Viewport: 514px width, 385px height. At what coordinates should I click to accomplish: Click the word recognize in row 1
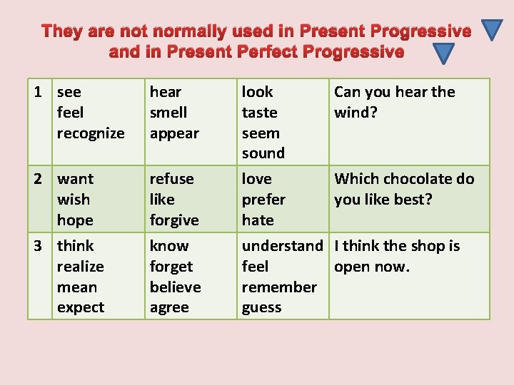(x=91, y=133)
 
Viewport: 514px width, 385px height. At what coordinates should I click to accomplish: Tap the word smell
(x=168, y=113)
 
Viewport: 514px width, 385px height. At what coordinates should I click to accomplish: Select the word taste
(x=260, y=113)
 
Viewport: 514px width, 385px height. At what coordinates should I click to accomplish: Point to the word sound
(x=263, y=153)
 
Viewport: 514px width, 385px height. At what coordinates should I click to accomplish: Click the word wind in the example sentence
(x=352, y=113)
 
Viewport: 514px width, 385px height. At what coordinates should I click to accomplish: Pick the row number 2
(x=41, y=179)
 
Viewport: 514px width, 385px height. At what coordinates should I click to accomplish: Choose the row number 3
(x=41, y=246)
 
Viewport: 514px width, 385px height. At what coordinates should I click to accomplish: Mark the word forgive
(x=174, y=220)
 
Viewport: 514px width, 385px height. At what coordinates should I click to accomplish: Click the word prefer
(x=263, y=200)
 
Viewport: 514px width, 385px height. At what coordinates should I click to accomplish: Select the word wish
(x=74, y=200)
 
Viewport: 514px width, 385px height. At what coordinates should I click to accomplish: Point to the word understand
(x=283, y=246)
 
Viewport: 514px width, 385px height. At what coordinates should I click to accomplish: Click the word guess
(x=262, y=308)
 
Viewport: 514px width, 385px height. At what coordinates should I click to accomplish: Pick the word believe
(x=176, y=287)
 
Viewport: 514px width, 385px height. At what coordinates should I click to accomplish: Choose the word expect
(x=81, y=308)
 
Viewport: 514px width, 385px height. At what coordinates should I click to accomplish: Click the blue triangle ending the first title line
(x=493, y=29)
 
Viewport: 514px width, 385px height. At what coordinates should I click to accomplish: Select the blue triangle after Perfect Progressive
(x=444, y=53)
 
